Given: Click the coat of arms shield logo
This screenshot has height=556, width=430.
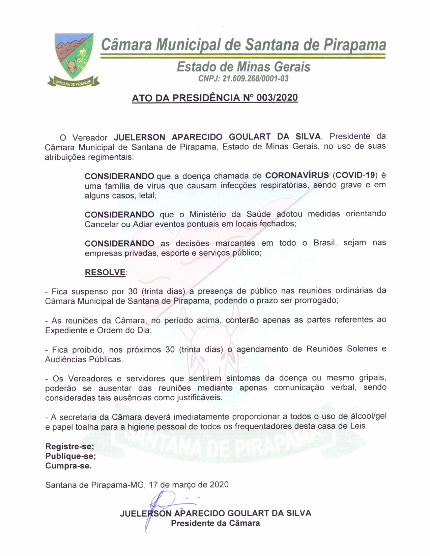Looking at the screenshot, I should click(74, 55).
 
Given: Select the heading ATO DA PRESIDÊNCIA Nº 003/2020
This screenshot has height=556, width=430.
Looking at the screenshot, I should click(215, 98).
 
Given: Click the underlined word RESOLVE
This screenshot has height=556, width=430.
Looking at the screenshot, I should click(105, 272).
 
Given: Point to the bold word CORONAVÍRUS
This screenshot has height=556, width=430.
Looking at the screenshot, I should click(297, 176).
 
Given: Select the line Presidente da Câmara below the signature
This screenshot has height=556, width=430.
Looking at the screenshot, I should click(215, 523).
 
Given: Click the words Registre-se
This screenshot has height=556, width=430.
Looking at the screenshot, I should click(70, 446).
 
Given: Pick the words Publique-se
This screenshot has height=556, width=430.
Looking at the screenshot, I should click(70, 456).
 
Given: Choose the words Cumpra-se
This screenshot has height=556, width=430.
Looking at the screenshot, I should click(68, 466).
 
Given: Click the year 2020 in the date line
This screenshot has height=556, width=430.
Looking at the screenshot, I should click(220, 485).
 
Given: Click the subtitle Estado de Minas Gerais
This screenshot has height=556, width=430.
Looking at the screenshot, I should click(243, 67).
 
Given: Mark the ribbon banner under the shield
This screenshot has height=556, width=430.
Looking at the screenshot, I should click(74, 82).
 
